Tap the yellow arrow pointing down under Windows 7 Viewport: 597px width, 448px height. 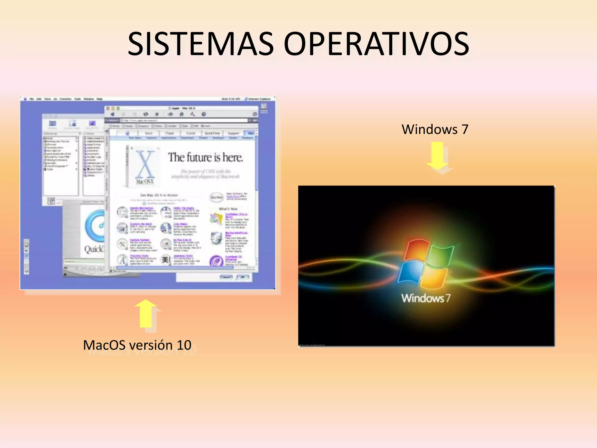[437, 156]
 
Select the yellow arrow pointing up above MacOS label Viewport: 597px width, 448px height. [145, 314]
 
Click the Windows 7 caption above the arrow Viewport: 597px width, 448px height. [435, 129]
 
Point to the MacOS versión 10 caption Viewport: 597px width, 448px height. [137, 345]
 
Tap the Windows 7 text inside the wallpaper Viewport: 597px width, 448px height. [426, 298]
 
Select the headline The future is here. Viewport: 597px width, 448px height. [205, 157]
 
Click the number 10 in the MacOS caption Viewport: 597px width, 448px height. [184, 345]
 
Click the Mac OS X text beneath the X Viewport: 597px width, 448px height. [145, 181]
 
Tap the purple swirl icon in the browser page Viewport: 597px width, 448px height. [216, 261]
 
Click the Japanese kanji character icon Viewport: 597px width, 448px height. [166, 259]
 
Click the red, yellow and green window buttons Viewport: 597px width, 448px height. [113, 108]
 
